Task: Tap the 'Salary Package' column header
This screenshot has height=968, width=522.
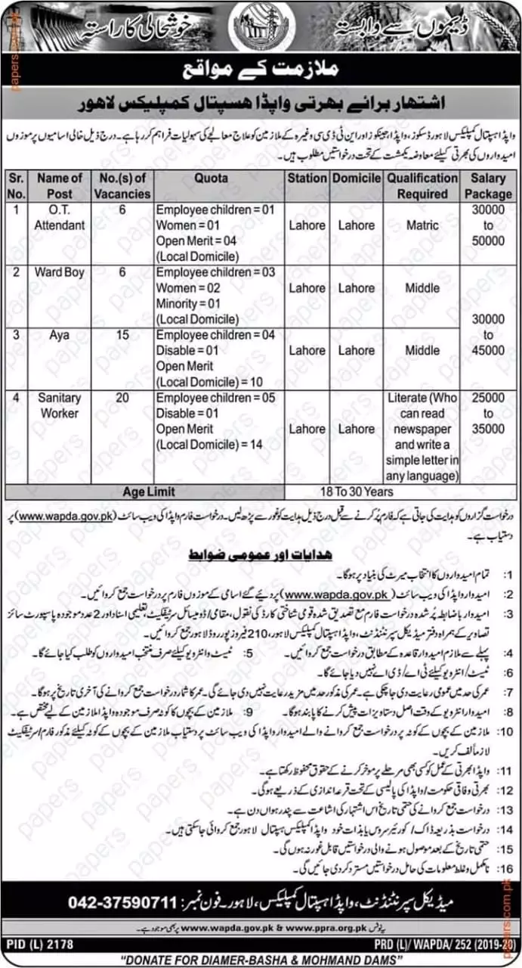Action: pos(487,185)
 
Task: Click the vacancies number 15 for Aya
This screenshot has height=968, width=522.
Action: pos(122,334)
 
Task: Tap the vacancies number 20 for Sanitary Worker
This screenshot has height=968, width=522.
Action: pos(122,398)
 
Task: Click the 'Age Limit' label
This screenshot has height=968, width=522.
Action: pos(144,491)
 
